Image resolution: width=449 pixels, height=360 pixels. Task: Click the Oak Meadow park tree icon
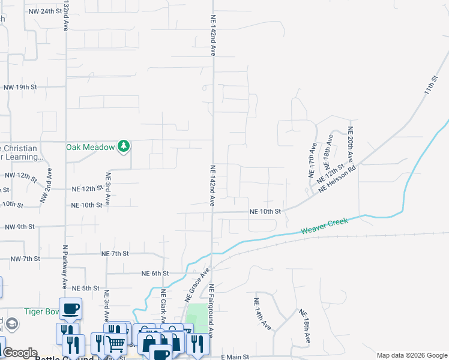(124, 146)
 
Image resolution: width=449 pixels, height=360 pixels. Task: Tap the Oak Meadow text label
(90, 146)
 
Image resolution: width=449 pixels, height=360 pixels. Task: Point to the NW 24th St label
(45, 11)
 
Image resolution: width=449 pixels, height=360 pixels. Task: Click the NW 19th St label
(20, 87)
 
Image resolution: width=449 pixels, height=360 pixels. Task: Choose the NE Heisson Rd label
(337, 179)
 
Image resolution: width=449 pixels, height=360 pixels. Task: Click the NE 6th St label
(155, 273)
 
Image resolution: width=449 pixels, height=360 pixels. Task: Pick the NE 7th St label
(115, 254)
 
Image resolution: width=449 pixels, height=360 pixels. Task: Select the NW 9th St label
(20, 227)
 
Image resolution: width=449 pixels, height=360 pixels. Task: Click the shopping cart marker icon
(115, 343)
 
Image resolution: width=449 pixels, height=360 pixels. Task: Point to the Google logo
(19, 353)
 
